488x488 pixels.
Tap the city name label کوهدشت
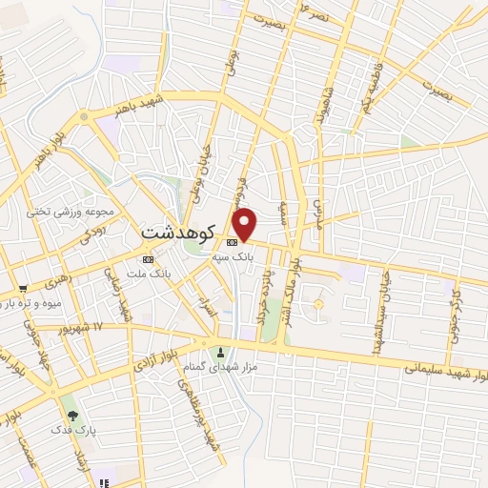[180, 232]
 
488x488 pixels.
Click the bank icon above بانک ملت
[148, 258]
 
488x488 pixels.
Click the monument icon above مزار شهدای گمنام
[222, 350]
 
